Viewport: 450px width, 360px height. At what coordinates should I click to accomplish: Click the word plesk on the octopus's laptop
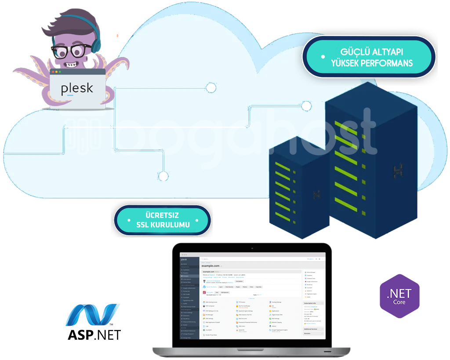point(77,88)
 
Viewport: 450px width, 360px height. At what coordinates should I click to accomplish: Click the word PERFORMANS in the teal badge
point(387,63)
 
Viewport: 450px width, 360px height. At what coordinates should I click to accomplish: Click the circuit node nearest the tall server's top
point(306,106)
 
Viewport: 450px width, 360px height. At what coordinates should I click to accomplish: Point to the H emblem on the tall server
point(398,170)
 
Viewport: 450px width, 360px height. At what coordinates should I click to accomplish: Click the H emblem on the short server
point(317,193)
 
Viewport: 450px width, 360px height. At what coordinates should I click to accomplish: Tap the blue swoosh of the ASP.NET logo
point(92,314)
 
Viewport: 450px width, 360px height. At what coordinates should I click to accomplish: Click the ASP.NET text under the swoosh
point(94,335)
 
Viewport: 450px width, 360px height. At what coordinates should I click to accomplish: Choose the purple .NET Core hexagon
point(400,296)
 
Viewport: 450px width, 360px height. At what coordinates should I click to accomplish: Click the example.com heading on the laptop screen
point(211,266)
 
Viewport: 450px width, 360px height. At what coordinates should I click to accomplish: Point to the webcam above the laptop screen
point(252,249)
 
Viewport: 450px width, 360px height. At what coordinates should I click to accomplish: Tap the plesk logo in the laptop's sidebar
point(184,259)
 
